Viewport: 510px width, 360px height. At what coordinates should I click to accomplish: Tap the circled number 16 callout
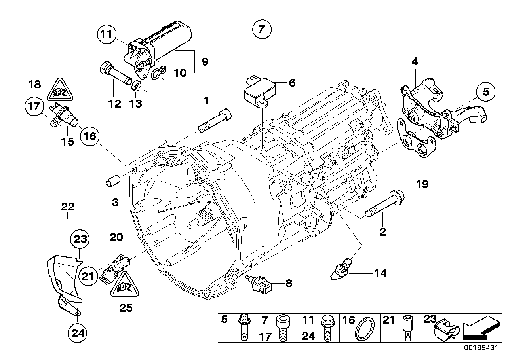[90, 136]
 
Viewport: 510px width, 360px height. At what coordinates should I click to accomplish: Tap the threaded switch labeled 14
[340, 269]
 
